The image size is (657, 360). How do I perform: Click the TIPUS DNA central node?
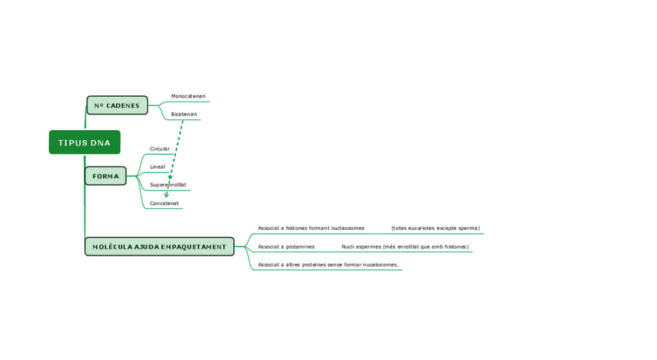click(x=84, y=142)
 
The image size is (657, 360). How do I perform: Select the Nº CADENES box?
click(x=117, y=105)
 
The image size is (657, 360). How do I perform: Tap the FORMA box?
click(x=105, y=177)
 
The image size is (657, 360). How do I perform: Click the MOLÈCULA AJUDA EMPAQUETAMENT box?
click(x=159, y=247)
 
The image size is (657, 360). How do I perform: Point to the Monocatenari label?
click(x=188, y=96)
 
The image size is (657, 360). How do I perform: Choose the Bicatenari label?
click(x=184, y=115)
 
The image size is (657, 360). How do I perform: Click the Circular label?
click(x=160, y=149)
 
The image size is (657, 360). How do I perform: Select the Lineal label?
click(x=157, y=166)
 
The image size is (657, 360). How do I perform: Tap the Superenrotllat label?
click(x=168, y=185)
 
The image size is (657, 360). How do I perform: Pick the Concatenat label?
click(x=164, y=204)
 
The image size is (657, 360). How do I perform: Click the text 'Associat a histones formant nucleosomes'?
click(x=311, y=228)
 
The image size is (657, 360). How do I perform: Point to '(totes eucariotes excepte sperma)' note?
click(x=435, y=228)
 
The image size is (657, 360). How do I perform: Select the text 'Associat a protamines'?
click(x=286, y=247)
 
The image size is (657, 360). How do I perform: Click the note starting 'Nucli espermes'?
click(x=404, y=247)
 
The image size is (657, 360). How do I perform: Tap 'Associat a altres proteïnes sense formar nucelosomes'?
click(x=328, y=265)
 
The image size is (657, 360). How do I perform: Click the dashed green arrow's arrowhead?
click(x=167, y=194)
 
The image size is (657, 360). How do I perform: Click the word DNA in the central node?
click(x=101, y=142)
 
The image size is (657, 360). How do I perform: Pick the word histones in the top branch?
click(x=296, y=228)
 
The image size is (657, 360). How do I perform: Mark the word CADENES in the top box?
click(x=123, y=105)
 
